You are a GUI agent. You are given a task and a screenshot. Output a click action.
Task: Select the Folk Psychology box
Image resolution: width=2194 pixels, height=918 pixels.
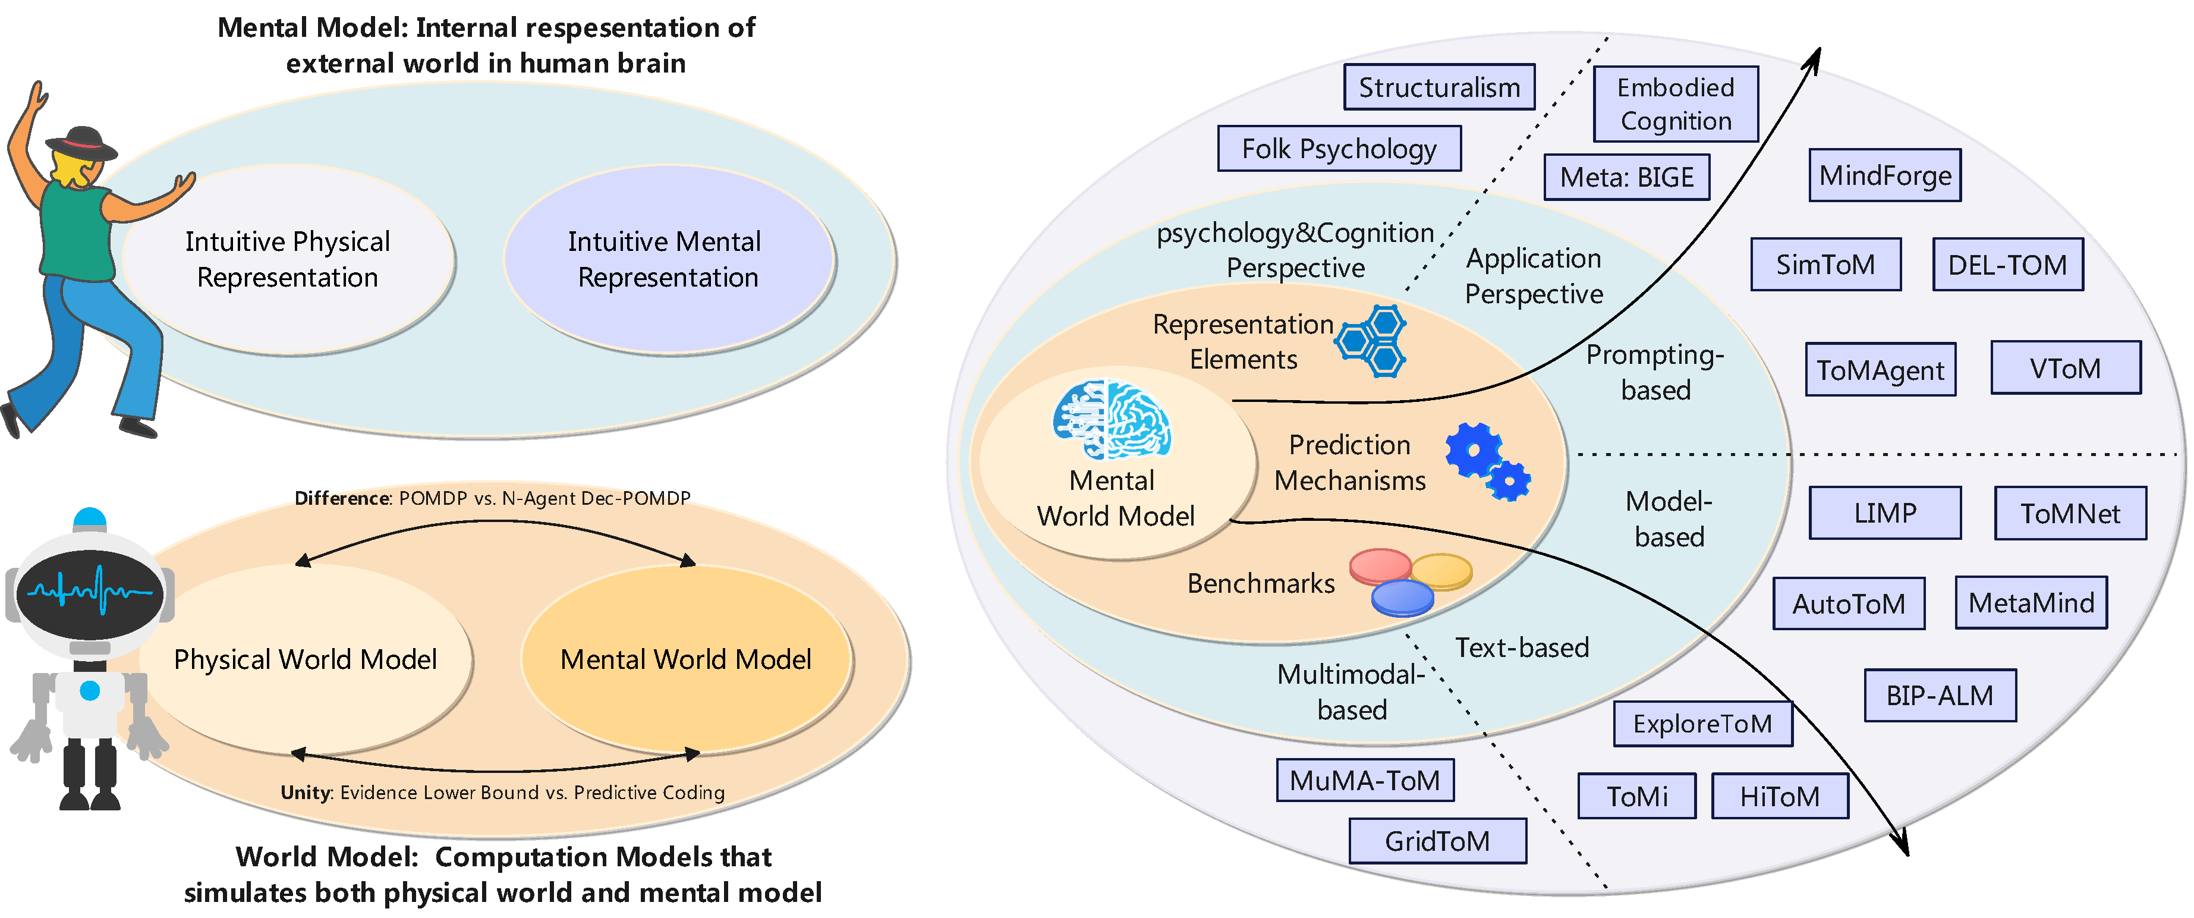pyautogui.click(x=1339, y=149)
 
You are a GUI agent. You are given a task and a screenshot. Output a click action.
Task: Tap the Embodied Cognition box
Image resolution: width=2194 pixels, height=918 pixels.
pyautogui.click(x=1675, y=104)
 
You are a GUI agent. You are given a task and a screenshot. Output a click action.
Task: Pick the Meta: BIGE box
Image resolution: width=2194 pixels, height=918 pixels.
pyautogui.click(x=1627, y=177)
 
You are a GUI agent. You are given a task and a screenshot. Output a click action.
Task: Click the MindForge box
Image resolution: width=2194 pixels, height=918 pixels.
pyautogui.click(x=1885, y=175)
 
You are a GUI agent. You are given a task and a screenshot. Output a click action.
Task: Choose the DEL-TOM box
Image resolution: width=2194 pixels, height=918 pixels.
pyautogui.click(x=2007, y=265)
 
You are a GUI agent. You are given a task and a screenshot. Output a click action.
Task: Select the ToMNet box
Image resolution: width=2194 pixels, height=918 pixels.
pyautogui.click(x=2070, y=514)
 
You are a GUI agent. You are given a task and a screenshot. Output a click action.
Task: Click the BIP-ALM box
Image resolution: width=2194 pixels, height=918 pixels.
pyautogui.click(x=1940, y=696)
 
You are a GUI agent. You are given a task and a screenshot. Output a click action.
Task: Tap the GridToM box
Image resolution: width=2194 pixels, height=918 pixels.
pyautogui.click(x=1437, y=841)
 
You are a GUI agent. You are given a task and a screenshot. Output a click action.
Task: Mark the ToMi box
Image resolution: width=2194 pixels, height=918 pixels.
pyautogui.click(x=1636, y=796)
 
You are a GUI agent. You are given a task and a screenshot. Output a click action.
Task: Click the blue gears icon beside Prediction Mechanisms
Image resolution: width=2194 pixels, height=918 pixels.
pyautogui.click(x=1486, y=460)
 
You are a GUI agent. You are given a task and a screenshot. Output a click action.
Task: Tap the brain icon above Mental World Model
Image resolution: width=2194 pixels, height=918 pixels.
pyautogui.click(x=1112, y=420)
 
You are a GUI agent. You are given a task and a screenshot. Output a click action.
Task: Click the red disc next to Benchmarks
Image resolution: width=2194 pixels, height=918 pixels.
pyautogui.click(x=1380, y=565)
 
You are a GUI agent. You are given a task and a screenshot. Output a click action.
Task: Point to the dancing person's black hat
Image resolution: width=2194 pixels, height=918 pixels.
pyautogui.click(x=81, y=143)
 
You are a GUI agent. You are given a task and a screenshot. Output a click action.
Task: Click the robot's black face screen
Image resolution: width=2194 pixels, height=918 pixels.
pyautogui.click(x=89, y=591)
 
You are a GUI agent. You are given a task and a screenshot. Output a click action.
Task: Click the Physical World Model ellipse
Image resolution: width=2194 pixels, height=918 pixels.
pyautogui.click(x=305, y=659)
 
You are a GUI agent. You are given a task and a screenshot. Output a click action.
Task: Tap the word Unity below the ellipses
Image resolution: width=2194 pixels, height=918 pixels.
pyautogui.click(x=305, y=793)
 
